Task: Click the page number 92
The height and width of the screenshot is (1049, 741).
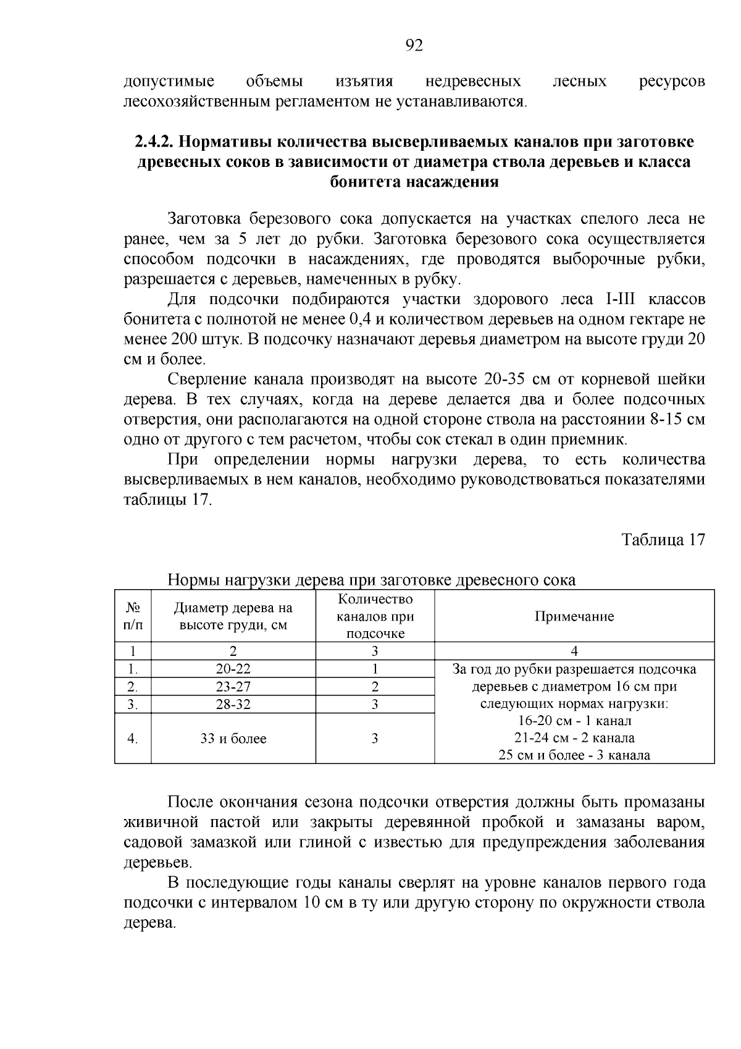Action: coord(414,45)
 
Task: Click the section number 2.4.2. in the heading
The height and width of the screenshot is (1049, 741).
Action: coord(154,142)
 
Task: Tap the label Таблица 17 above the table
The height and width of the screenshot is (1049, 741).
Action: coord(663,539)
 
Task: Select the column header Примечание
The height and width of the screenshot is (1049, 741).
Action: coord(574,616)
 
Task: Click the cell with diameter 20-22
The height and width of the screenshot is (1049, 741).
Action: coord(233,669)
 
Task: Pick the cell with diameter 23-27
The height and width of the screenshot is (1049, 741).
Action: coord(233,687)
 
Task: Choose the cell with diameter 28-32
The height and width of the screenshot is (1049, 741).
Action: coord(233,704)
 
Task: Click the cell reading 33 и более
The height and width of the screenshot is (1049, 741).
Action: coord(233,739)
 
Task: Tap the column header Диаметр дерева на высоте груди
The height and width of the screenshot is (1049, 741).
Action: coord(233,616)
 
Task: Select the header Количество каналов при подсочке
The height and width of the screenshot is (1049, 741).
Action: coord(375,616)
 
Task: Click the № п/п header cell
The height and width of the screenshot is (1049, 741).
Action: coord(133,616)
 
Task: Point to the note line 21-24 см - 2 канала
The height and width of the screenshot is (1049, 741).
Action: coord(574,738)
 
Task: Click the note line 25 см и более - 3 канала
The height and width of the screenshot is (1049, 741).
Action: coord(574,755)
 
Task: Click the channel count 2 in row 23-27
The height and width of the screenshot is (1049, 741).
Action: coord(375,687)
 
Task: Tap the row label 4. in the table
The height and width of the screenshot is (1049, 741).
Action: coord(132,739)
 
